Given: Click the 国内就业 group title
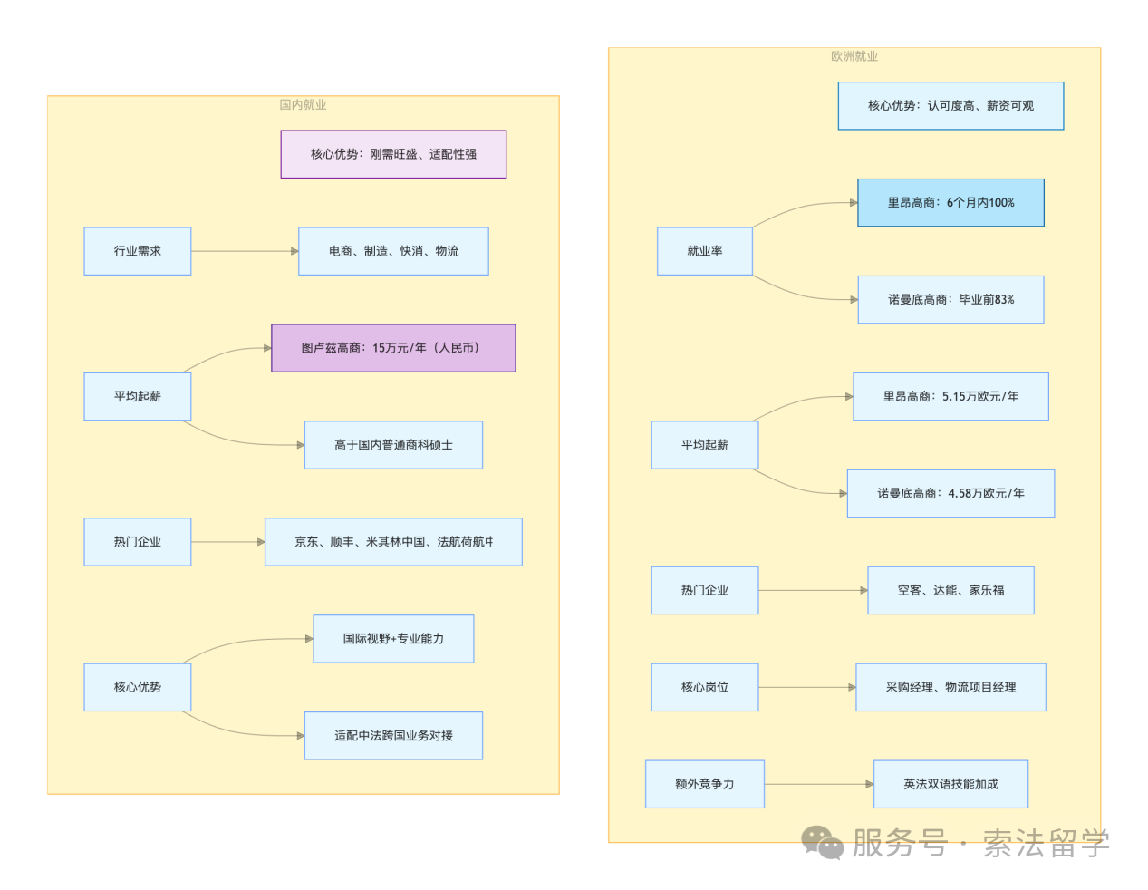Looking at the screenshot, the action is click(x=303, y=104).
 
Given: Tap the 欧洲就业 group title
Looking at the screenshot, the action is click(x=854, y=56).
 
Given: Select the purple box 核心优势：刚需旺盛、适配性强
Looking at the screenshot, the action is click(x=393, y=154).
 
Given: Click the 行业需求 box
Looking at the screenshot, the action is click(x=138, y=251).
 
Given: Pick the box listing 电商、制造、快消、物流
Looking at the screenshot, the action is click(x=393, y=251).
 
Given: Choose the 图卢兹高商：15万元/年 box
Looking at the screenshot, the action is click(x=393, y=347).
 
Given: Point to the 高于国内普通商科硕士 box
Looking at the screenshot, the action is click(x=393, y=445).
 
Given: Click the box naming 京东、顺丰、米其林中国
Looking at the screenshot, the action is click(x=393, y=541).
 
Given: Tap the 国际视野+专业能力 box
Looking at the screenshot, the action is click(x=393, y=639).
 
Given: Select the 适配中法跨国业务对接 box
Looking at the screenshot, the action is click(x=393, y=735).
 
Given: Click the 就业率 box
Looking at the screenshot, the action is click(x=704, y=251).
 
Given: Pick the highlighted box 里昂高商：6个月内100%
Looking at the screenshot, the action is click(x=950, y=202).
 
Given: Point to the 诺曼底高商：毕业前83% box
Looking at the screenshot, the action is click(x=950, y=299).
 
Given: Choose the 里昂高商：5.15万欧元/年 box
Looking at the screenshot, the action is click(x=950, y=396).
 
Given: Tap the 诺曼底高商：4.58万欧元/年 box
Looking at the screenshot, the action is click(x=950, y=493).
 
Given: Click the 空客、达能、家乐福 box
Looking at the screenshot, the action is click(x=950, y=590).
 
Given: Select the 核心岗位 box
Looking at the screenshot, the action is click(x=704, y=687).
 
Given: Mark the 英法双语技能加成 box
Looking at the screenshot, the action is click(x=950, y=784).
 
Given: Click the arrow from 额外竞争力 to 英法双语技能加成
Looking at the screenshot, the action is click(x=819, y=784).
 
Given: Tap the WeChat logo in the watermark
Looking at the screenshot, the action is click(x=822, y=842).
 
